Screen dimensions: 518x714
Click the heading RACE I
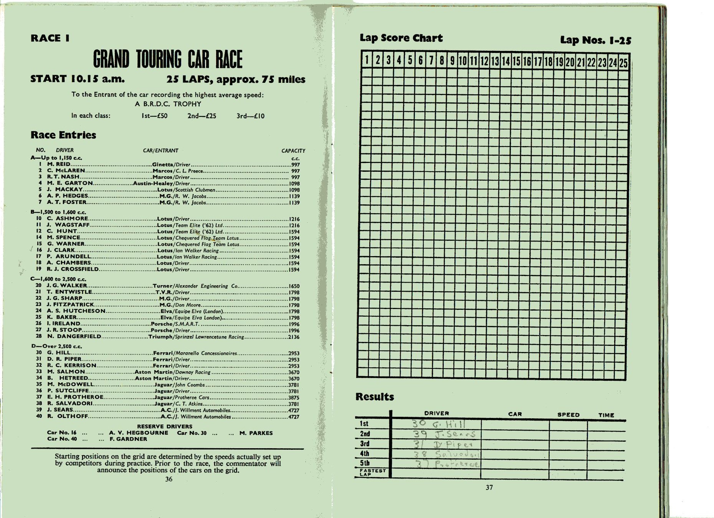coord(50,38)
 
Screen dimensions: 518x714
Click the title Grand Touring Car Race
coord(168,59)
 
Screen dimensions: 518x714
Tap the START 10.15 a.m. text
coord(78,79)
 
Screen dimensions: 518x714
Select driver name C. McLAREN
coord(66,170)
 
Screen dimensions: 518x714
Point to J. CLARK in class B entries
coord(61,250)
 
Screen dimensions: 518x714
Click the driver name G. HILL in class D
coord(58,352)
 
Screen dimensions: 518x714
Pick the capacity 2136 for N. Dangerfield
coord(294,337)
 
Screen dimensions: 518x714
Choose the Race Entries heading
coord(63,135)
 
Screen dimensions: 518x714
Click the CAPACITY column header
coord(293,151)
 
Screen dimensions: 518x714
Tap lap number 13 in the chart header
coord(495,61)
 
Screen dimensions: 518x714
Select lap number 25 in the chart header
coord(623,62)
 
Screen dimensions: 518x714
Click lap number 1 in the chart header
coord(367,60)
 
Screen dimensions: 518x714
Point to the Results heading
coord(375,396)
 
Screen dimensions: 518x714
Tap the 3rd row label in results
coord(365,444)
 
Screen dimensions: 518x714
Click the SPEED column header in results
coord(568,415)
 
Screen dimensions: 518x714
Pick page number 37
coord(489,487)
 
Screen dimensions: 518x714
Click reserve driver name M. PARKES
coord(256,433)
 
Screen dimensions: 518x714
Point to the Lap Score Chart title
coord(401,38)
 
